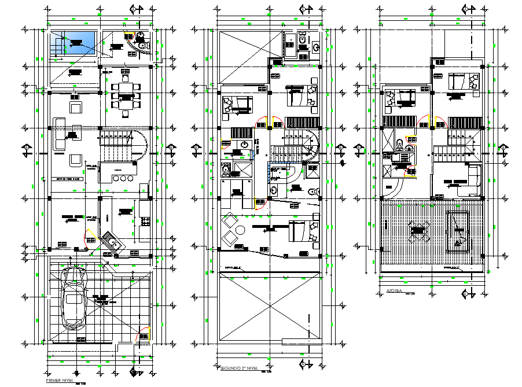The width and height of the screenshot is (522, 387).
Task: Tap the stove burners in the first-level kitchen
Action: (144, 221)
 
